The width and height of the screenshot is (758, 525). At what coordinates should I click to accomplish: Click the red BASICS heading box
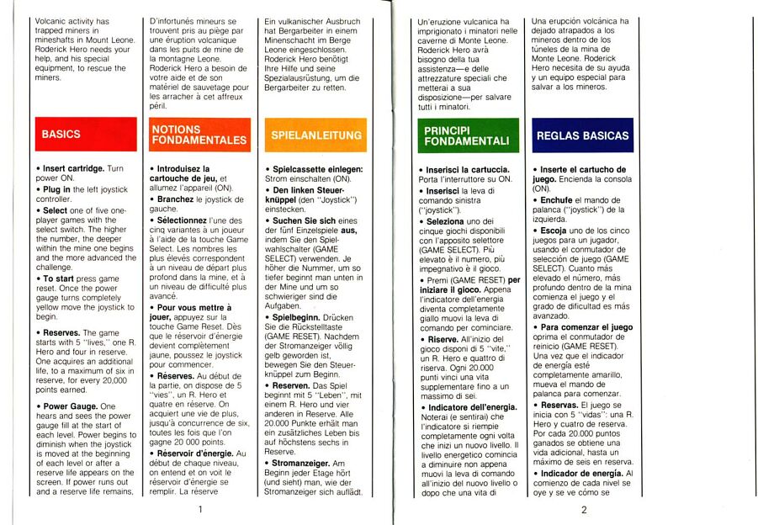[87, 135]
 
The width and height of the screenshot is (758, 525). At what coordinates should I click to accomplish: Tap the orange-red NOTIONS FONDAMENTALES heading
[199, 135]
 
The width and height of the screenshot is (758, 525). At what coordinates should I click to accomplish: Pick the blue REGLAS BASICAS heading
[582, 135]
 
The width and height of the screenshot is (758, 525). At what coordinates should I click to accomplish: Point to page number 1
[199, 509]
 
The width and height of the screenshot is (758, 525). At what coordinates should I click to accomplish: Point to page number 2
[583, 509]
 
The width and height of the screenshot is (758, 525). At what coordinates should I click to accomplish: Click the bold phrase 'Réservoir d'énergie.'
[202, 453]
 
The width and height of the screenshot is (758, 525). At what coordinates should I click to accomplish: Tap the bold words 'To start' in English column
[59, 278]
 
